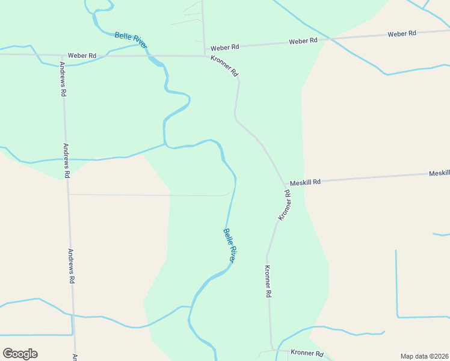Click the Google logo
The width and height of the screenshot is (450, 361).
(20, 354)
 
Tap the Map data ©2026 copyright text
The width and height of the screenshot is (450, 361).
(424, 356)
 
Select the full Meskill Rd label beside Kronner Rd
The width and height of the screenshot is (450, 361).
(305, 182)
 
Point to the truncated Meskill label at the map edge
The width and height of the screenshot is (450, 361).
(439, 173)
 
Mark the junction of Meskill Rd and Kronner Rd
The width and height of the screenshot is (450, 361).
(285, 184)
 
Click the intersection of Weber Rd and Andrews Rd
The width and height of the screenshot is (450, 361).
(61, 55)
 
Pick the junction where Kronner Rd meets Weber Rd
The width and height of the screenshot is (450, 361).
(205, 56)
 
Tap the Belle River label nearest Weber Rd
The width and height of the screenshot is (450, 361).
(131, 40)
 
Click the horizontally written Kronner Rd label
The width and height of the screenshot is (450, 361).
(307, 353)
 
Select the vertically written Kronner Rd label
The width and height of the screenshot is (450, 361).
(268, 282)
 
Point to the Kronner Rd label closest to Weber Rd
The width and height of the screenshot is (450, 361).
(224, 66)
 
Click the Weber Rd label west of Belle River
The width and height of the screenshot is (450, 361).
(82, 55)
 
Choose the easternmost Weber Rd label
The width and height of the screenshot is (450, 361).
(402, 34)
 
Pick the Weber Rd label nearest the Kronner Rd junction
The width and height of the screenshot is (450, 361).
(224, 46)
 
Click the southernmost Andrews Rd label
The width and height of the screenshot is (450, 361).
(72, 266)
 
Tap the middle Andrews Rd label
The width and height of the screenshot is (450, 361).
(67, 159)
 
